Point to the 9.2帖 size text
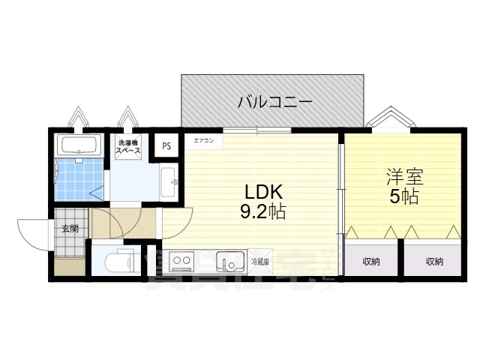[x=262, y=212]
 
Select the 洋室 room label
[x=404, y=178]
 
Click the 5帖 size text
[x=404, y=197]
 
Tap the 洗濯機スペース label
[x=127, y=146]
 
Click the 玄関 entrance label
[x=70, y=229]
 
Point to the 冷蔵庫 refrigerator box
[x=259, y=262]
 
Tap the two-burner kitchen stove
[x=182, y=262]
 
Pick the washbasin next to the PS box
[x=169, y=181]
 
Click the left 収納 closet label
[x=371, y=262]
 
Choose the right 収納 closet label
[x=434, y=262]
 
